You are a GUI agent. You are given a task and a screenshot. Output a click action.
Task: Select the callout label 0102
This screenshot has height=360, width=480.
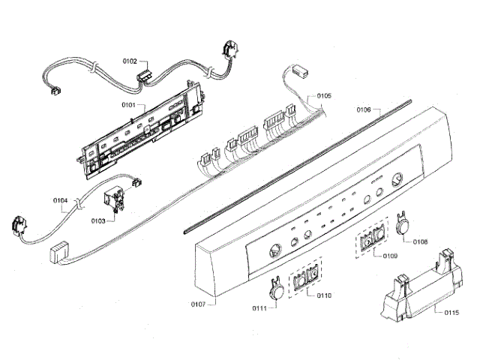coord(131,61)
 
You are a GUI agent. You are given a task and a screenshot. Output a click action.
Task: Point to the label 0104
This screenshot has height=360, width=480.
coord(61,200)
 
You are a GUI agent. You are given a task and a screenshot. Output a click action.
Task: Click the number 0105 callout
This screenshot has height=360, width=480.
coord(324,97)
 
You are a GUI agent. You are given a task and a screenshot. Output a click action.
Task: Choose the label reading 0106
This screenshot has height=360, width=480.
coord(364,109)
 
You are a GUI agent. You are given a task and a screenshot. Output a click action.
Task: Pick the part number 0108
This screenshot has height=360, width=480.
coord(420,241)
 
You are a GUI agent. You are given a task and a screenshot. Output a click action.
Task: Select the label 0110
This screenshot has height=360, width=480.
coord(324,296)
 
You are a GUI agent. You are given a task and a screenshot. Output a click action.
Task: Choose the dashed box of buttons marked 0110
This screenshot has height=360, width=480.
coord(305,280)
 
